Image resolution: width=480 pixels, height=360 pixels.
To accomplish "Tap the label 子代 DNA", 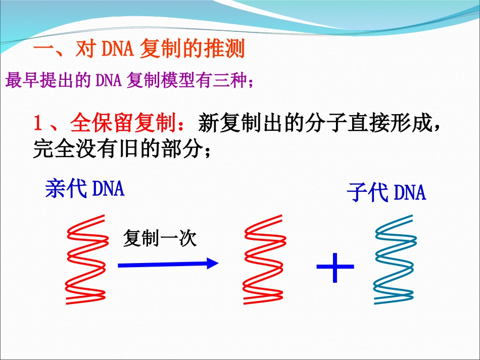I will (x=386, y=192).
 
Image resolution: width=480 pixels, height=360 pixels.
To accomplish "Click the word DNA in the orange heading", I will (x=119, y=49).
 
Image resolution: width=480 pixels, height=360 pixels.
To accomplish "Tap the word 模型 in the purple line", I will (x=175, y=81).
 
